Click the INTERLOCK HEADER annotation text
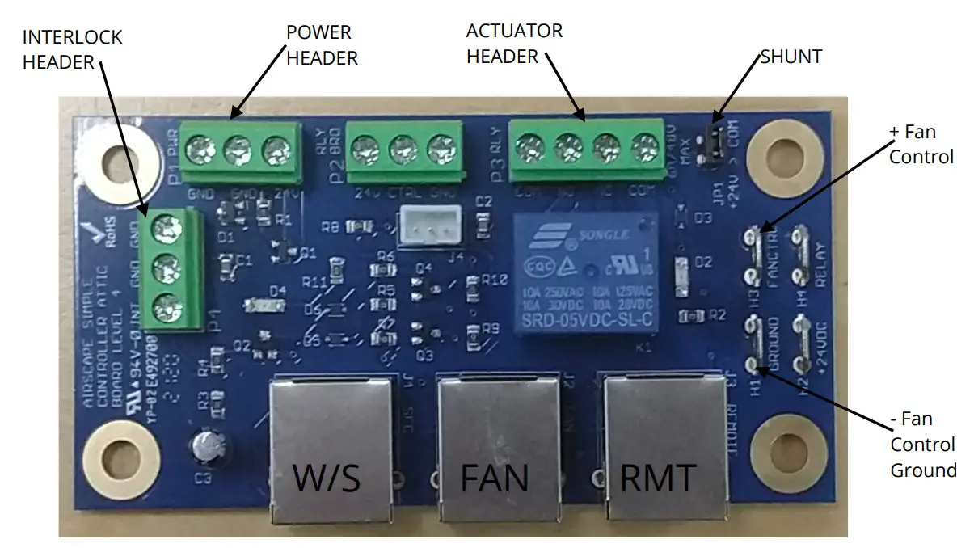pos(72,49)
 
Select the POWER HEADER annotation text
pos(322,44)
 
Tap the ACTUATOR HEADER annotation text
pos(514,44)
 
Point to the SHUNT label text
pos(791,57)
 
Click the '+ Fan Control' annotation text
pos(921,144)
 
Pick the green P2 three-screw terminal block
pos(404,150)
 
